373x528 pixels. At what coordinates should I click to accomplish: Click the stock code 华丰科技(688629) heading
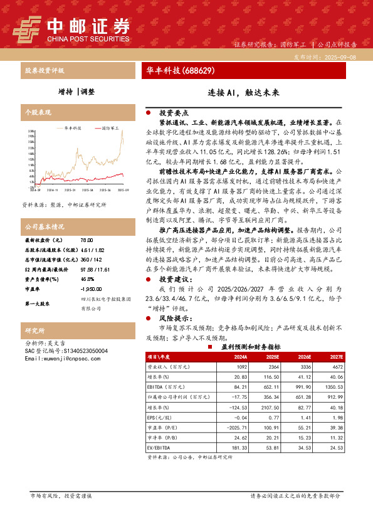tap(181, 70)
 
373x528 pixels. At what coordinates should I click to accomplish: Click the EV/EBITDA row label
tap(158, 448)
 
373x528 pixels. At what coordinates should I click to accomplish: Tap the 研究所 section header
tap(34, 330)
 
